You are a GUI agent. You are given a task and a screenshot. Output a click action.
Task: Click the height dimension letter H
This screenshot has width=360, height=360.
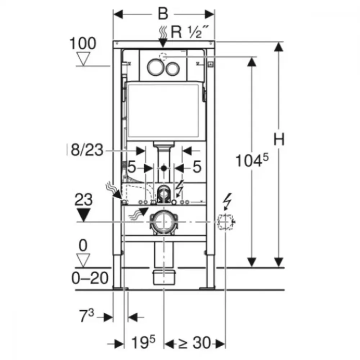point(279,139)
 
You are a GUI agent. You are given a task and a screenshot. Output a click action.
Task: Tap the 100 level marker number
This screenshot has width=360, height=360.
point(83,43)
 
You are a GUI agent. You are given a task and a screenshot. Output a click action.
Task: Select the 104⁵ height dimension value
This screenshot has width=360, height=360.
point(252,160)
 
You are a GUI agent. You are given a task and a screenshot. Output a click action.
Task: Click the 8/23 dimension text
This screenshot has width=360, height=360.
point(87,150)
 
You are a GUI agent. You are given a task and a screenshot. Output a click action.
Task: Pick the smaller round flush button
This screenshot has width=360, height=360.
point(173,68)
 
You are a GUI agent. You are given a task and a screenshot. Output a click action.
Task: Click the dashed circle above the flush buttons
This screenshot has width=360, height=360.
point(163,57)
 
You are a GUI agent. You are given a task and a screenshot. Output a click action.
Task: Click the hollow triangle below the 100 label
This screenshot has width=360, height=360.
point(83,59)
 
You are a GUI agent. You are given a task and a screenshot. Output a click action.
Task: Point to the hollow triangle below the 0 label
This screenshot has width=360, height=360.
point(83,261)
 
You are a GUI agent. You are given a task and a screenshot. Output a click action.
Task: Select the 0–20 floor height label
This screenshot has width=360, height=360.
point(90,278)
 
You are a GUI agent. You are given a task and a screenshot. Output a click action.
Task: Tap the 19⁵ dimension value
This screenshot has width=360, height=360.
point(143,342)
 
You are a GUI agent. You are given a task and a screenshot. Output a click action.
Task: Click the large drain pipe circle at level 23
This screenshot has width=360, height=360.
point(163,222)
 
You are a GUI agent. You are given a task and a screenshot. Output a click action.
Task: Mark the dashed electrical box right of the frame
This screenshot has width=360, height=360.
point(225,222)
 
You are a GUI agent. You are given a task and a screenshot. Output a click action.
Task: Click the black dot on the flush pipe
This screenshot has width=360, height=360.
point(164,168)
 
